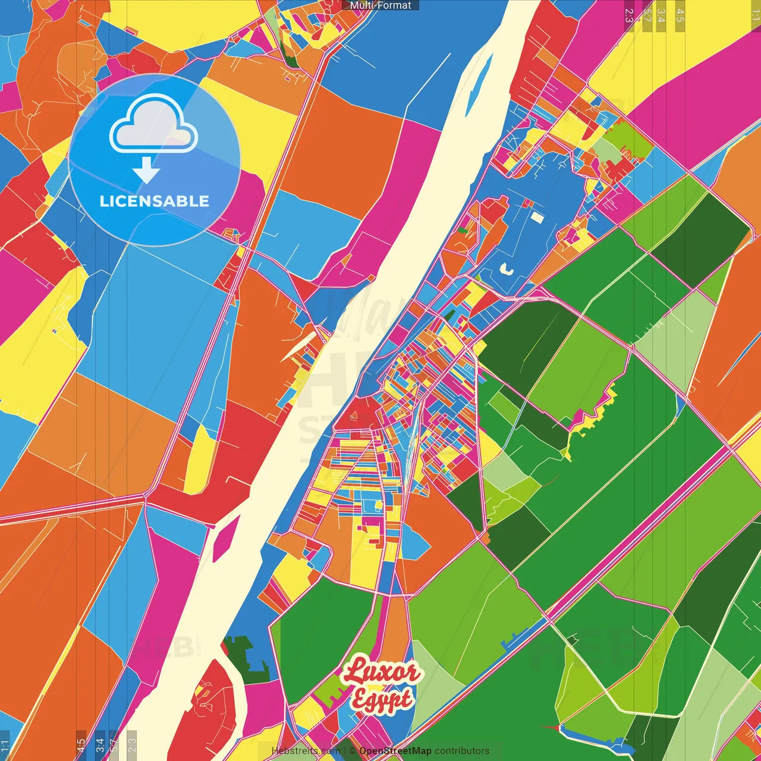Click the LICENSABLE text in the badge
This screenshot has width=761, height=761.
154,201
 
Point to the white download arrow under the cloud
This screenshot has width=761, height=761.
146,169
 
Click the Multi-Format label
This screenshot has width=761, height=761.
380,5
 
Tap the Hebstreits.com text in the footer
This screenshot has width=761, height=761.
306,751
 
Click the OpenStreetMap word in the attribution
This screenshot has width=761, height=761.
395,751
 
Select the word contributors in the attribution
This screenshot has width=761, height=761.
462,751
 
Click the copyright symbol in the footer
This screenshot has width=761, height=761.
353,751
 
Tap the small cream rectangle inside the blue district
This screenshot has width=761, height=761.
537,217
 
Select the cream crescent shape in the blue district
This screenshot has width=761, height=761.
507,269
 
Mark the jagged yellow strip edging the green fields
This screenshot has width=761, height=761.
592,416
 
